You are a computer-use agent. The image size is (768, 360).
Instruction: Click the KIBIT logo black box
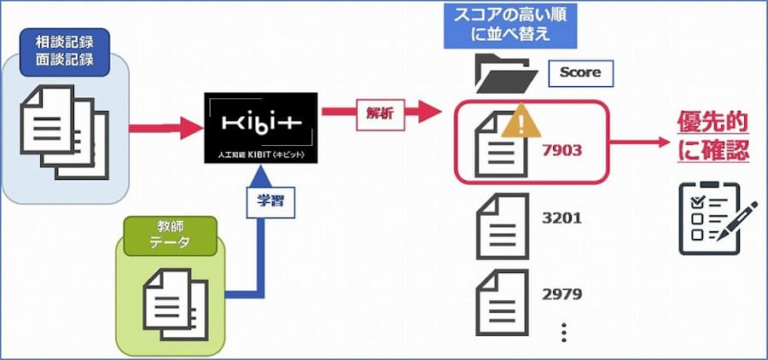[261, 128]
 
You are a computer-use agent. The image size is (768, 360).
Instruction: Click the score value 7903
[561, 150]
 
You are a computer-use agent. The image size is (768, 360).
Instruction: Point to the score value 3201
[561, 218]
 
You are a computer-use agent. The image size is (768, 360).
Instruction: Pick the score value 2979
[561, 294]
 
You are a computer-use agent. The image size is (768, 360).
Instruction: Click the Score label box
[580, 73]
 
